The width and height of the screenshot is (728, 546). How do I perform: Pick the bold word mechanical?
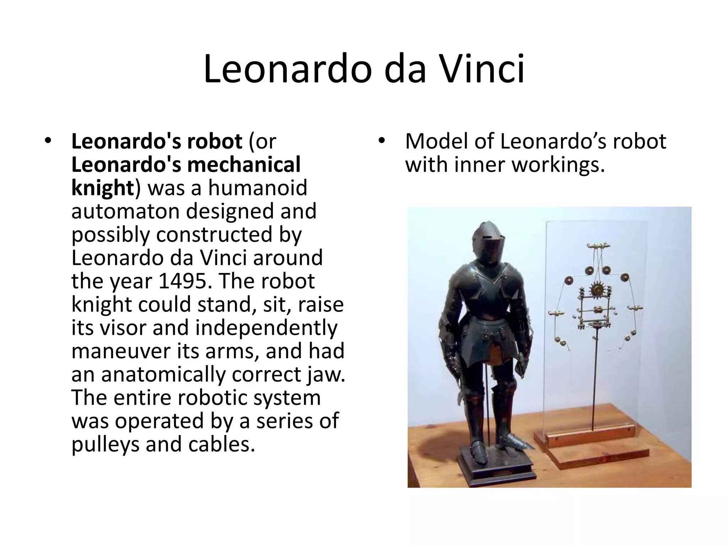click(x=243, y=165)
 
